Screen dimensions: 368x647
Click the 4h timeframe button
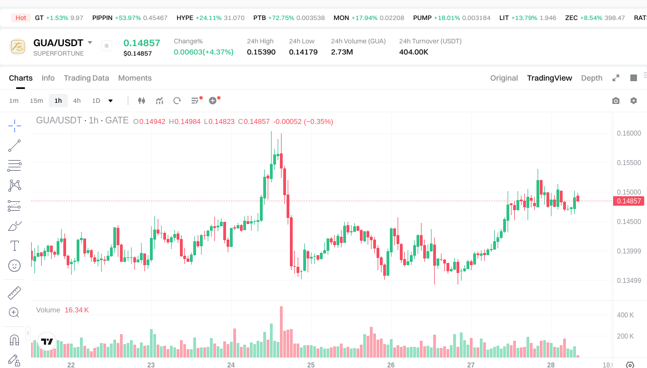coord(77,101)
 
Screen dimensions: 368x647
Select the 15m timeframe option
coord(36,101)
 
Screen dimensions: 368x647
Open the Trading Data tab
coord(86,78)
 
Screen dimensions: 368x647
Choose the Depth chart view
coord(591,78)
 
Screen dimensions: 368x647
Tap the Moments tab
coord(135,78)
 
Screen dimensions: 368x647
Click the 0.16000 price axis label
coord(629,133)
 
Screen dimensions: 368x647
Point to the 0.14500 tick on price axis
coord(629,222)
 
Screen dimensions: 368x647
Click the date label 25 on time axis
coord(311,365)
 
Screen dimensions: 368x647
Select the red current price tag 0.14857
coord(629,201)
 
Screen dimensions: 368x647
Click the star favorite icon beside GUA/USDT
coord(107,46)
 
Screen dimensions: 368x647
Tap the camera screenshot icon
coord(616,101)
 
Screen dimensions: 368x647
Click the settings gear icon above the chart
coord(634,101)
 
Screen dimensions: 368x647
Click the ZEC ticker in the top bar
coord(571,18)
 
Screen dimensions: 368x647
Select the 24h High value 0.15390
coord(261,52)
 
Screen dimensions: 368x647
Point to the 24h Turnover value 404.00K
coord(414,52)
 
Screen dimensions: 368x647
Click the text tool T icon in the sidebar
coord(14,246)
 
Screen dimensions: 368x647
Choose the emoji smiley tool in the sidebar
coord(14,266)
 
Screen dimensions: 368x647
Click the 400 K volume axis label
coord(625,315)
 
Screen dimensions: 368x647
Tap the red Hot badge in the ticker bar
coord(21,18)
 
